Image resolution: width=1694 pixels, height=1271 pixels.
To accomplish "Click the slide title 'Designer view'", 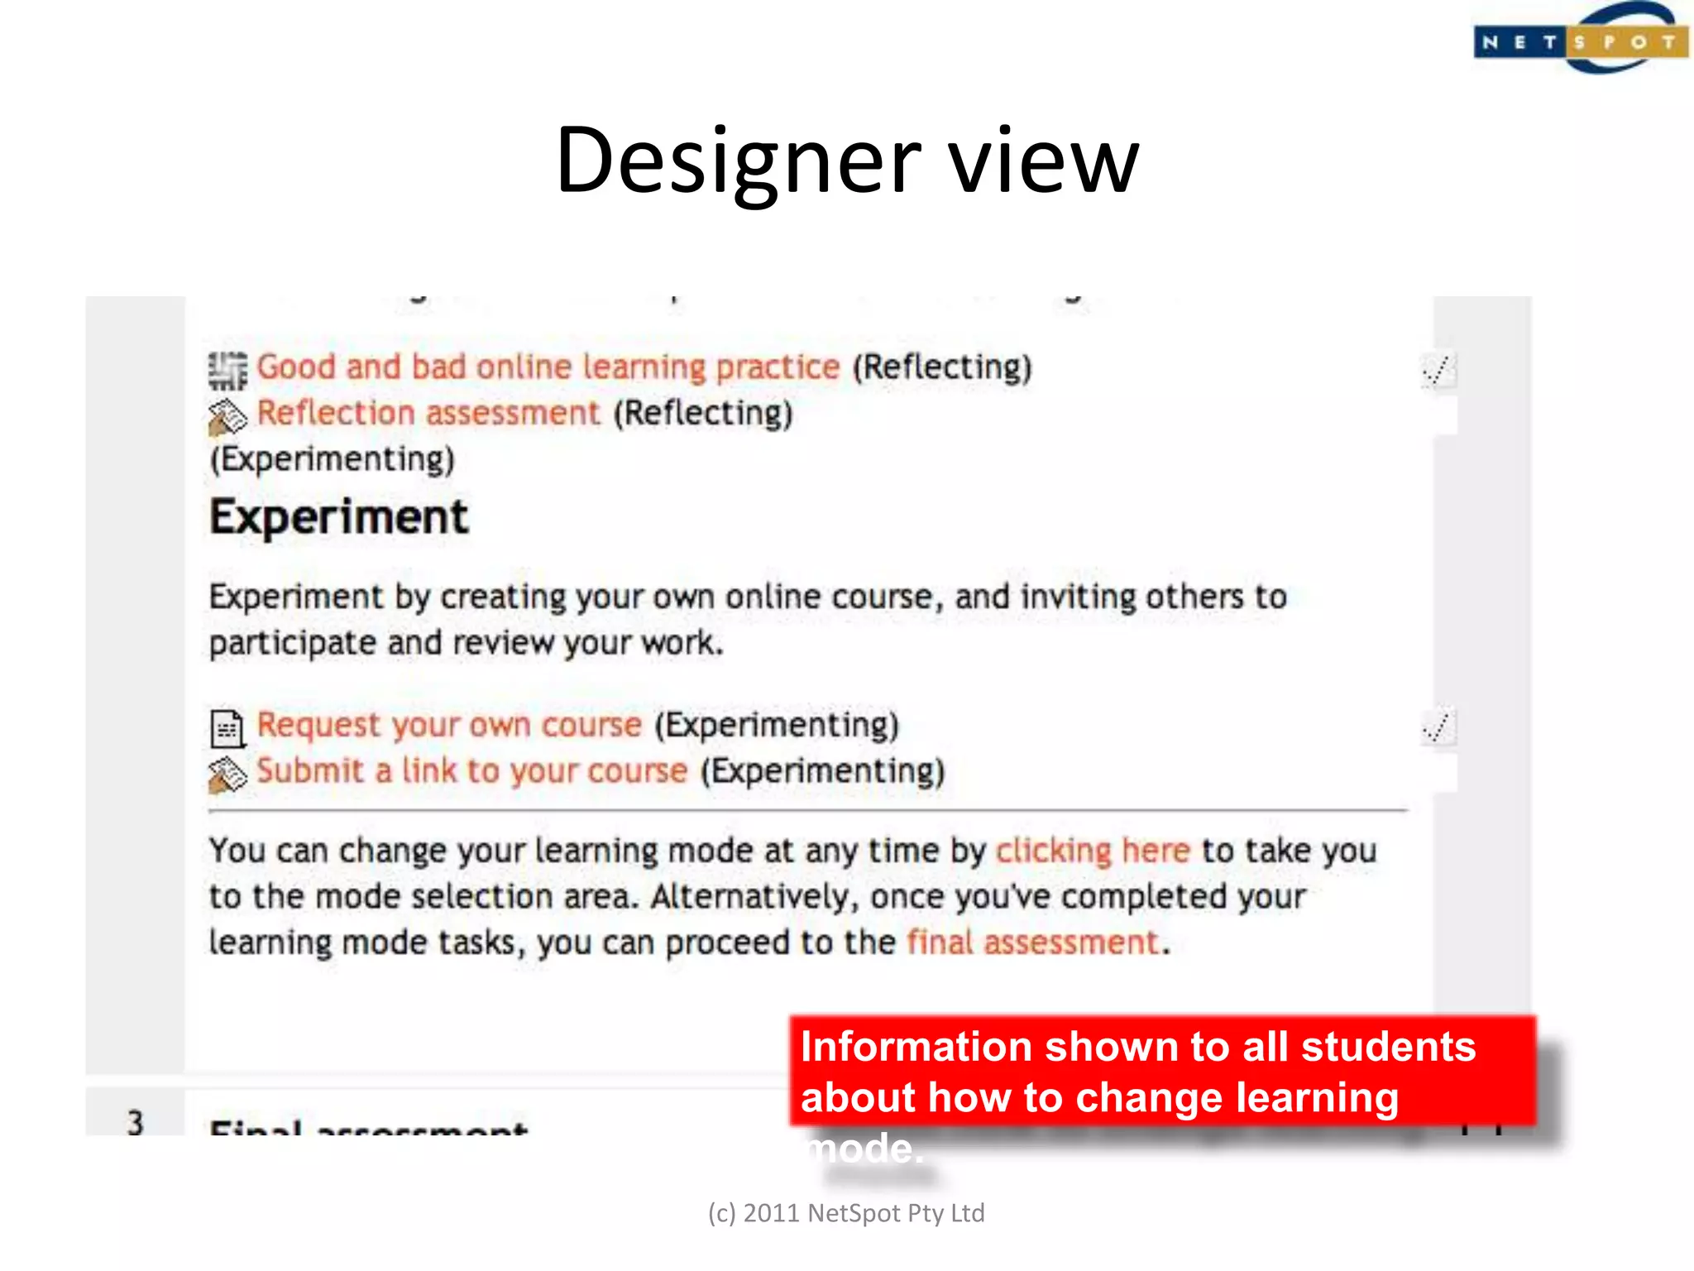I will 847,161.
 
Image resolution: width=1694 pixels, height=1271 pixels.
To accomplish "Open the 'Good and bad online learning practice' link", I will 548,367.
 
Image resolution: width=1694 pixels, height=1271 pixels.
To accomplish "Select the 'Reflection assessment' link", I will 428,413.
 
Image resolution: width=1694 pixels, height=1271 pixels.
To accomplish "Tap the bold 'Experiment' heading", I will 339,517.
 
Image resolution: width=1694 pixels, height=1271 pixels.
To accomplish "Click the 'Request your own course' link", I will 449,725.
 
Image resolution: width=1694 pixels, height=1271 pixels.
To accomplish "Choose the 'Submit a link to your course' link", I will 471,771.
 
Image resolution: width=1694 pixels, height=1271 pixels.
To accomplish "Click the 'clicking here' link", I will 1092,851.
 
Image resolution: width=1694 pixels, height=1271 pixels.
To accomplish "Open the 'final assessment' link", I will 1032,942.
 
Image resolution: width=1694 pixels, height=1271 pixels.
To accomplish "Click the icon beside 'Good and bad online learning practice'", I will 227,369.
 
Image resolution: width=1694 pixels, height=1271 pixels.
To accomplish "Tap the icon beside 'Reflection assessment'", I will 227,416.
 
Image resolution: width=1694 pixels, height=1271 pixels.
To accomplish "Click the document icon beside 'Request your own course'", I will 227,728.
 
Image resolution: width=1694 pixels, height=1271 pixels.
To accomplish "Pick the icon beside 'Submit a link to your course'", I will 227,775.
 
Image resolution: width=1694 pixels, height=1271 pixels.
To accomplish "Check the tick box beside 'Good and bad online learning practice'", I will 1438,370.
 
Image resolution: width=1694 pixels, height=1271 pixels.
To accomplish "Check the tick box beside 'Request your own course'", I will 1438,727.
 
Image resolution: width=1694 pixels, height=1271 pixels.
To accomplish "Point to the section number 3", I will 136,1123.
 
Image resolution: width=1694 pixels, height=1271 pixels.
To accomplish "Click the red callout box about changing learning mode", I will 1161,1071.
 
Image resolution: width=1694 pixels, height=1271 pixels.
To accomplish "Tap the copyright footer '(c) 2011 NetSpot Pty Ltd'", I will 846,1213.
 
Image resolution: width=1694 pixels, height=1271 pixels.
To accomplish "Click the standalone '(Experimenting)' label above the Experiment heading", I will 333,459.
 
